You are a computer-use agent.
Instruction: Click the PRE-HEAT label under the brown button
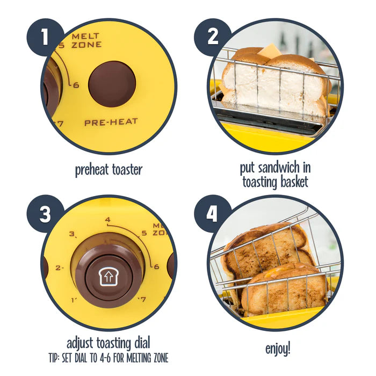pos(111,122)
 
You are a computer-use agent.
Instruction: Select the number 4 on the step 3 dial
pos(108,220)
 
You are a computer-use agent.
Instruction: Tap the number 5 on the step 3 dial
pos(143,233)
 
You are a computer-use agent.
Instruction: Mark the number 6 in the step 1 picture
pos(76,85)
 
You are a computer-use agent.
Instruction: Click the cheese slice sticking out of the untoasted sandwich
pos(270,52)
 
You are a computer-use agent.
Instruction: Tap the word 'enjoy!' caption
pos(278,349)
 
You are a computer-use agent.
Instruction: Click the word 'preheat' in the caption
pos(93,170)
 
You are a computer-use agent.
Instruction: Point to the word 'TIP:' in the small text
pos(54,357)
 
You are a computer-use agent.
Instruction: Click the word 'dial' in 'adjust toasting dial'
pos(139,343)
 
